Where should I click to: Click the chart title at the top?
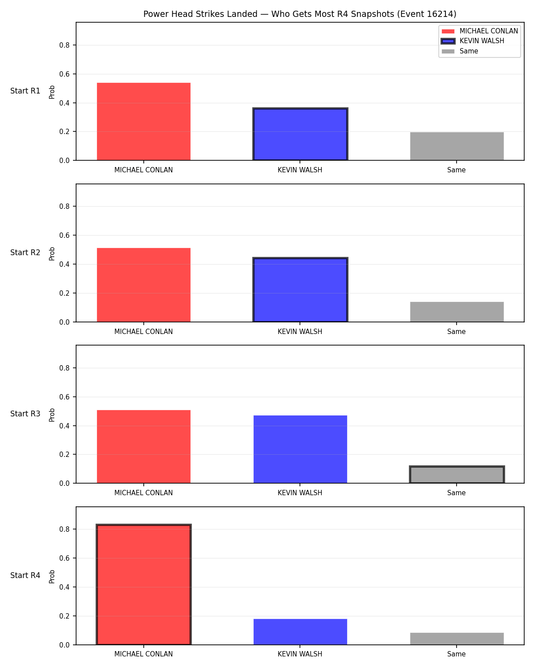click(299, 14)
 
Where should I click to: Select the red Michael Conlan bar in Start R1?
click(143, 122)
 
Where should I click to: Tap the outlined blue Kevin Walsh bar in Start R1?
click(300, 134)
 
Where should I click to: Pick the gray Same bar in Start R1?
click(457, 146)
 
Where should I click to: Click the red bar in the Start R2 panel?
click(143, 285)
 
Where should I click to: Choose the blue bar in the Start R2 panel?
click(300, 289)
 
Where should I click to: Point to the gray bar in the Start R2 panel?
click(457, 312)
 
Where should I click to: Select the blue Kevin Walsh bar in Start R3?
click(300, 449)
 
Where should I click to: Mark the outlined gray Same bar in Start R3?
click(457, 474)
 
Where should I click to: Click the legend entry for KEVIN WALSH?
click(472, 41)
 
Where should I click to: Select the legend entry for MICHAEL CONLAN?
click(479, 31)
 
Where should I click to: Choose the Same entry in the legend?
click(460, 51)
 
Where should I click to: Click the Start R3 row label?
click(25, 413)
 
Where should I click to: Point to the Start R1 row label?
click(25, 91)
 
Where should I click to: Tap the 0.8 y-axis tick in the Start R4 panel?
click(64, 529)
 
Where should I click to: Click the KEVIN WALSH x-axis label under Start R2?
click(300, 331)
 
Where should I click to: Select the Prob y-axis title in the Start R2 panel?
click(52, 253)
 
